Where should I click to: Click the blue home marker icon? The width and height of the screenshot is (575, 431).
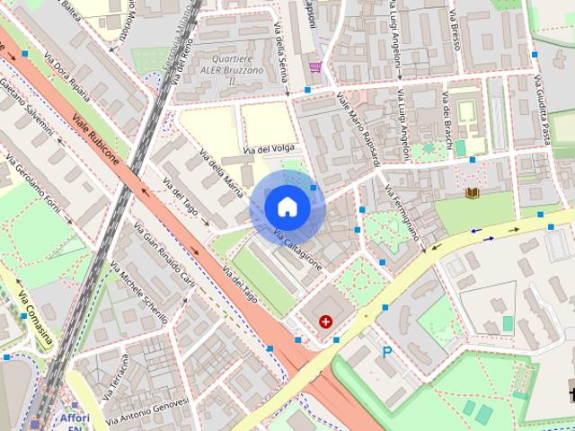coord(287,207)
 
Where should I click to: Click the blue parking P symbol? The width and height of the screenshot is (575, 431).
coord(387,353)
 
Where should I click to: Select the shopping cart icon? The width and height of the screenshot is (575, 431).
coord(314,66)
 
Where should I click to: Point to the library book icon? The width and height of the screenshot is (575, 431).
coord(473,192)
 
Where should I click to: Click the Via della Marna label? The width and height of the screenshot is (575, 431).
coord(221,166)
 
